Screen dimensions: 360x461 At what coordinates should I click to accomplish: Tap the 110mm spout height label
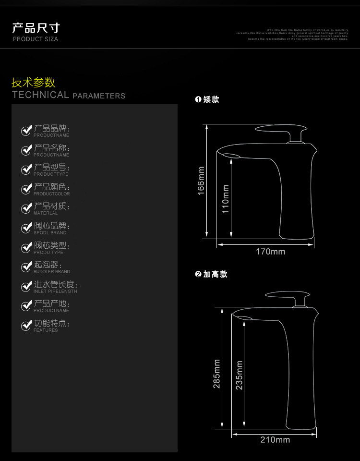(x=226, y=198)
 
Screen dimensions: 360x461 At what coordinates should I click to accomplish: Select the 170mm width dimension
(x=270, y=252)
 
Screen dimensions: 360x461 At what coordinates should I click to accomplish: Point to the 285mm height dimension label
(x=216, y=373)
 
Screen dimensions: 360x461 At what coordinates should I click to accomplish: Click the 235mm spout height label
(x=239, y=375)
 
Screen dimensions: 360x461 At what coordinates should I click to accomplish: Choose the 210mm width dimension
(x=275, y=439)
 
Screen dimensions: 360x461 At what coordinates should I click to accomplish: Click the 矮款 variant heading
(x=211, y=99)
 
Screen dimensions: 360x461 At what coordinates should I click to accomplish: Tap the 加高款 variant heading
(x=215, y=274)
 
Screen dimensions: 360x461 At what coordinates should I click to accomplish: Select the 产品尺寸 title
(x=36, y=28)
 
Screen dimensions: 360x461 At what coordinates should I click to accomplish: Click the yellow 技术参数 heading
(x=33, y=82)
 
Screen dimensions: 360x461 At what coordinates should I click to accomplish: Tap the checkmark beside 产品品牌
(x=26, y=131)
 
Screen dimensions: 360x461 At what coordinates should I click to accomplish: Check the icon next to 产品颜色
(x=26, y=189)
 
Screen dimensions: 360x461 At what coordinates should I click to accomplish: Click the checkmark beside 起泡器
(x=26, y=267)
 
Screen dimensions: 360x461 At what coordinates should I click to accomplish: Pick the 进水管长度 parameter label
(x=56, y=284)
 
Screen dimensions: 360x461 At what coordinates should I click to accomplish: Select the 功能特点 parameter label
(x=52, y=323)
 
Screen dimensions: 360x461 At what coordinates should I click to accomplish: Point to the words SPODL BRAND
(x=50, y=233)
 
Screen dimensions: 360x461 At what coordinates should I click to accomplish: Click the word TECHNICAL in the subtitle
(x=40, y=95)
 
